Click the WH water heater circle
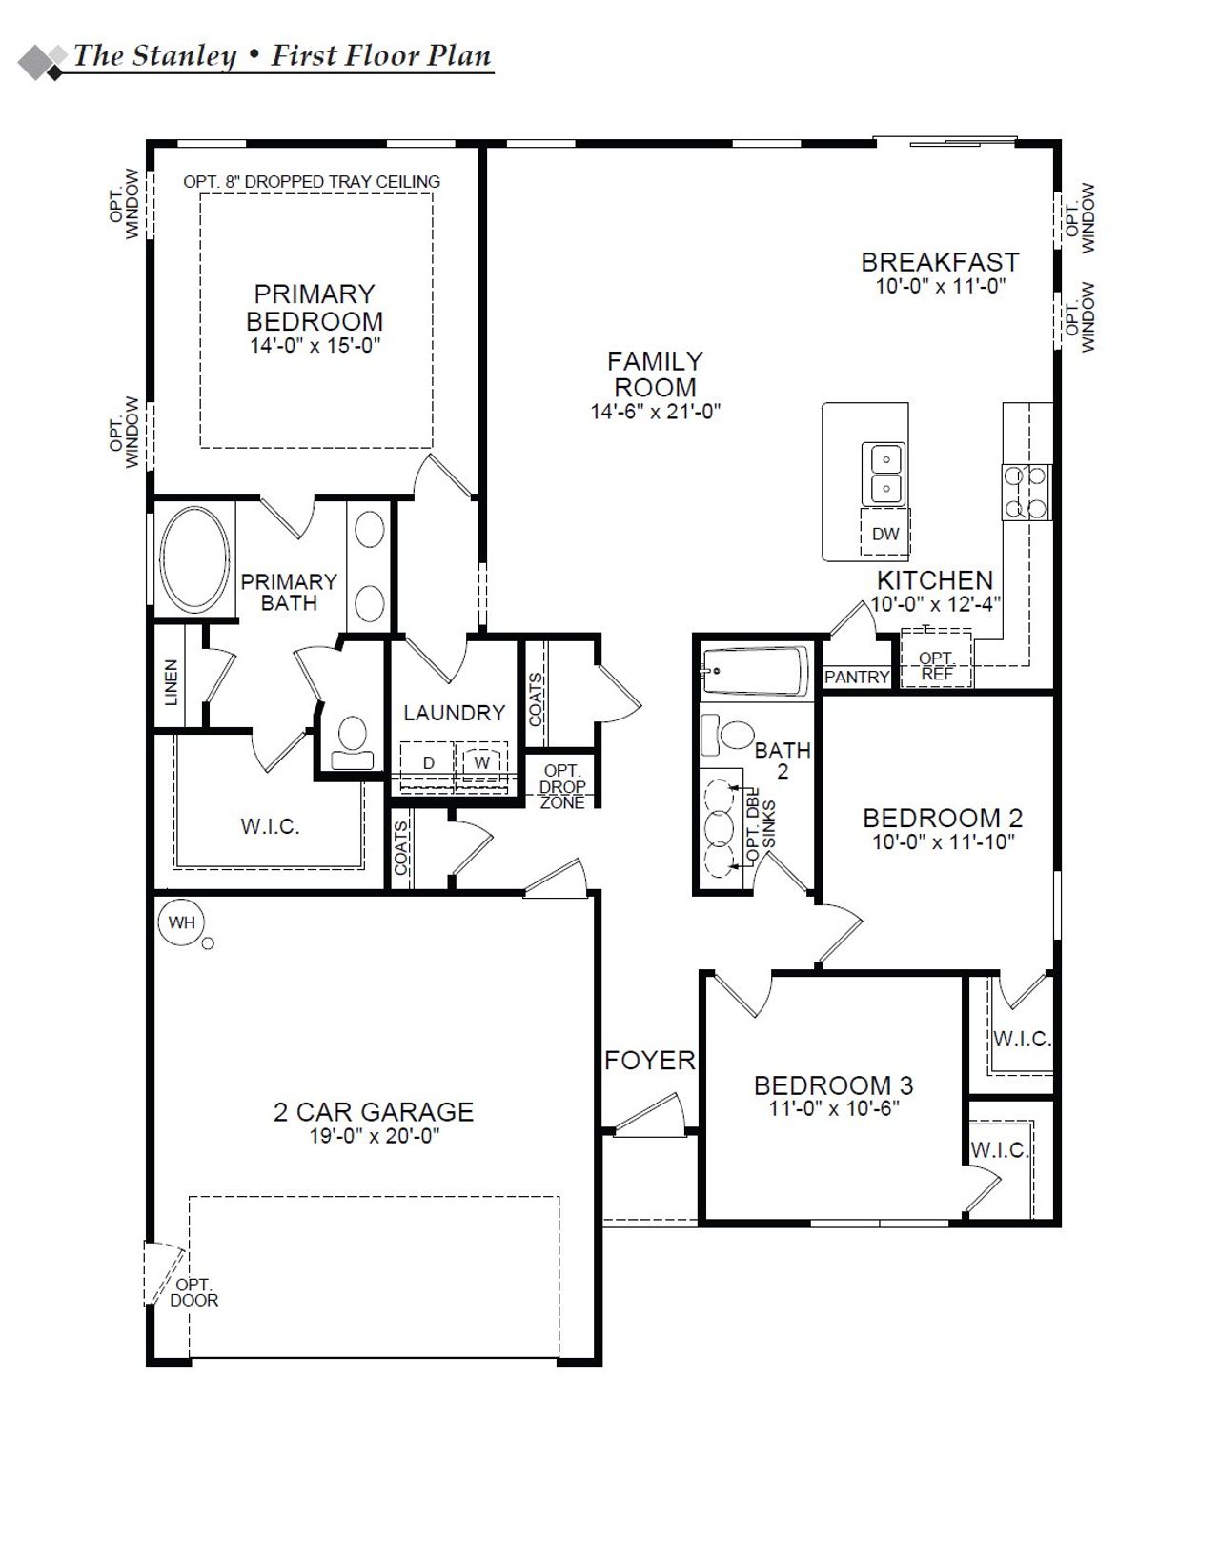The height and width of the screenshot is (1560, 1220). click(181, 922)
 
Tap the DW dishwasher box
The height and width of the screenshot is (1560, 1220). click(885, 534)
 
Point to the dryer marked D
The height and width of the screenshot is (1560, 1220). click(429, 763)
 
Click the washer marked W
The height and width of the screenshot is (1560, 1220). click(482, 762)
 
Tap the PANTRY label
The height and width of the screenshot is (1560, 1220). click(856, 677)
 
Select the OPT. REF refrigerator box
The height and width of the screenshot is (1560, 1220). click(936, 664)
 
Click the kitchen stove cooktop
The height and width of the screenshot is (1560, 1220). click(1025, 492)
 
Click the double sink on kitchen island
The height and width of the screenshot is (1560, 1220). click(884, 474)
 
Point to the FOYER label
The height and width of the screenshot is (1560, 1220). click(650, 1061)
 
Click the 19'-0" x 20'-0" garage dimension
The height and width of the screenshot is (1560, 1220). click(374, 1136)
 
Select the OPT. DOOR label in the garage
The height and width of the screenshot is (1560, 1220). click(193, 1292)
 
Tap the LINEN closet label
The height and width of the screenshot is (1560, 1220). click(172, 681)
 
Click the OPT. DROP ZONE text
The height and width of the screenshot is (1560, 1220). click(562, 786)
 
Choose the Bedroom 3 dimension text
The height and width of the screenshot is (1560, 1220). click(834, 1108)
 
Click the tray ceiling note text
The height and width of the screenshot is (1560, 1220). click(312, 181)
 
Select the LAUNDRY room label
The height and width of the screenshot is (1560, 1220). click(454, 713)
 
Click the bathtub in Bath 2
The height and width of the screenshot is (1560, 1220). click(756, 670)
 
